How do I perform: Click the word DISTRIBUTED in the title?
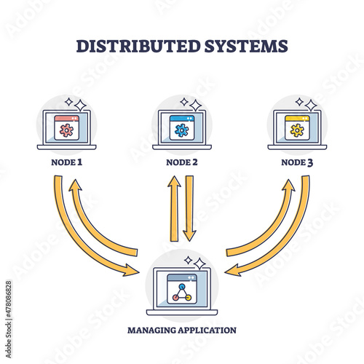pyautogui.click(x=138, y=46)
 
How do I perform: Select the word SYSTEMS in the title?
pyautogui.click(x=246, y=46)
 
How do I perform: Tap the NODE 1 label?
pyautogui.click(x=67, y=162)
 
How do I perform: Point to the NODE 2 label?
pyautogui.click(x=182, y=162)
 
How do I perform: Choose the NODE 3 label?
pyautogui.click(x=297, y=162)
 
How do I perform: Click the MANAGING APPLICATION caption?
pyautogui.click(x=182, y=331)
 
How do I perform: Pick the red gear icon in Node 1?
pyautogui.click(x=66, y=130)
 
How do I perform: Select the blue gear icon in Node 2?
pyautogui.click(x=181, y=130)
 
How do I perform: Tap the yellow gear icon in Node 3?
pyautogui.click(x=297, y=130)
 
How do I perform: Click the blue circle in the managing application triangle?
pyautogui.click(x=181, y=287)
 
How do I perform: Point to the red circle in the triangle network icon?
pyautogui.click(x=175, y=298)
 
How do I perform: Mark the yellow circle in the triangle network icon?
pyautogui.click(x=188, y=298)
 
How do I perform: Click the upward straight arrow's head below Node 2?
pyautogui.click(x=174, y=181)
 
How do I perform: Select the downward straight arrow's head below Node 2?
pyautogui.click(x=189, y=236)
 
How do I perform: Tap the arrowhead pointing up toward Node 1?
pyautogui.click(x=75, y=186)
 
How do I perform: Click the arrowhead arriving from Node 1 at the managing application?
pyautogui.click(x=131, y=270)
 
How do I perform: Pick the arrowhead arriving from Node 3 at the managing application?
pyautogui.click(x=233, y=270)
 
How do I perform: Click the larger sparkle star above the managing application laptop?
pyautogui.click(x=199, y=264)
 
